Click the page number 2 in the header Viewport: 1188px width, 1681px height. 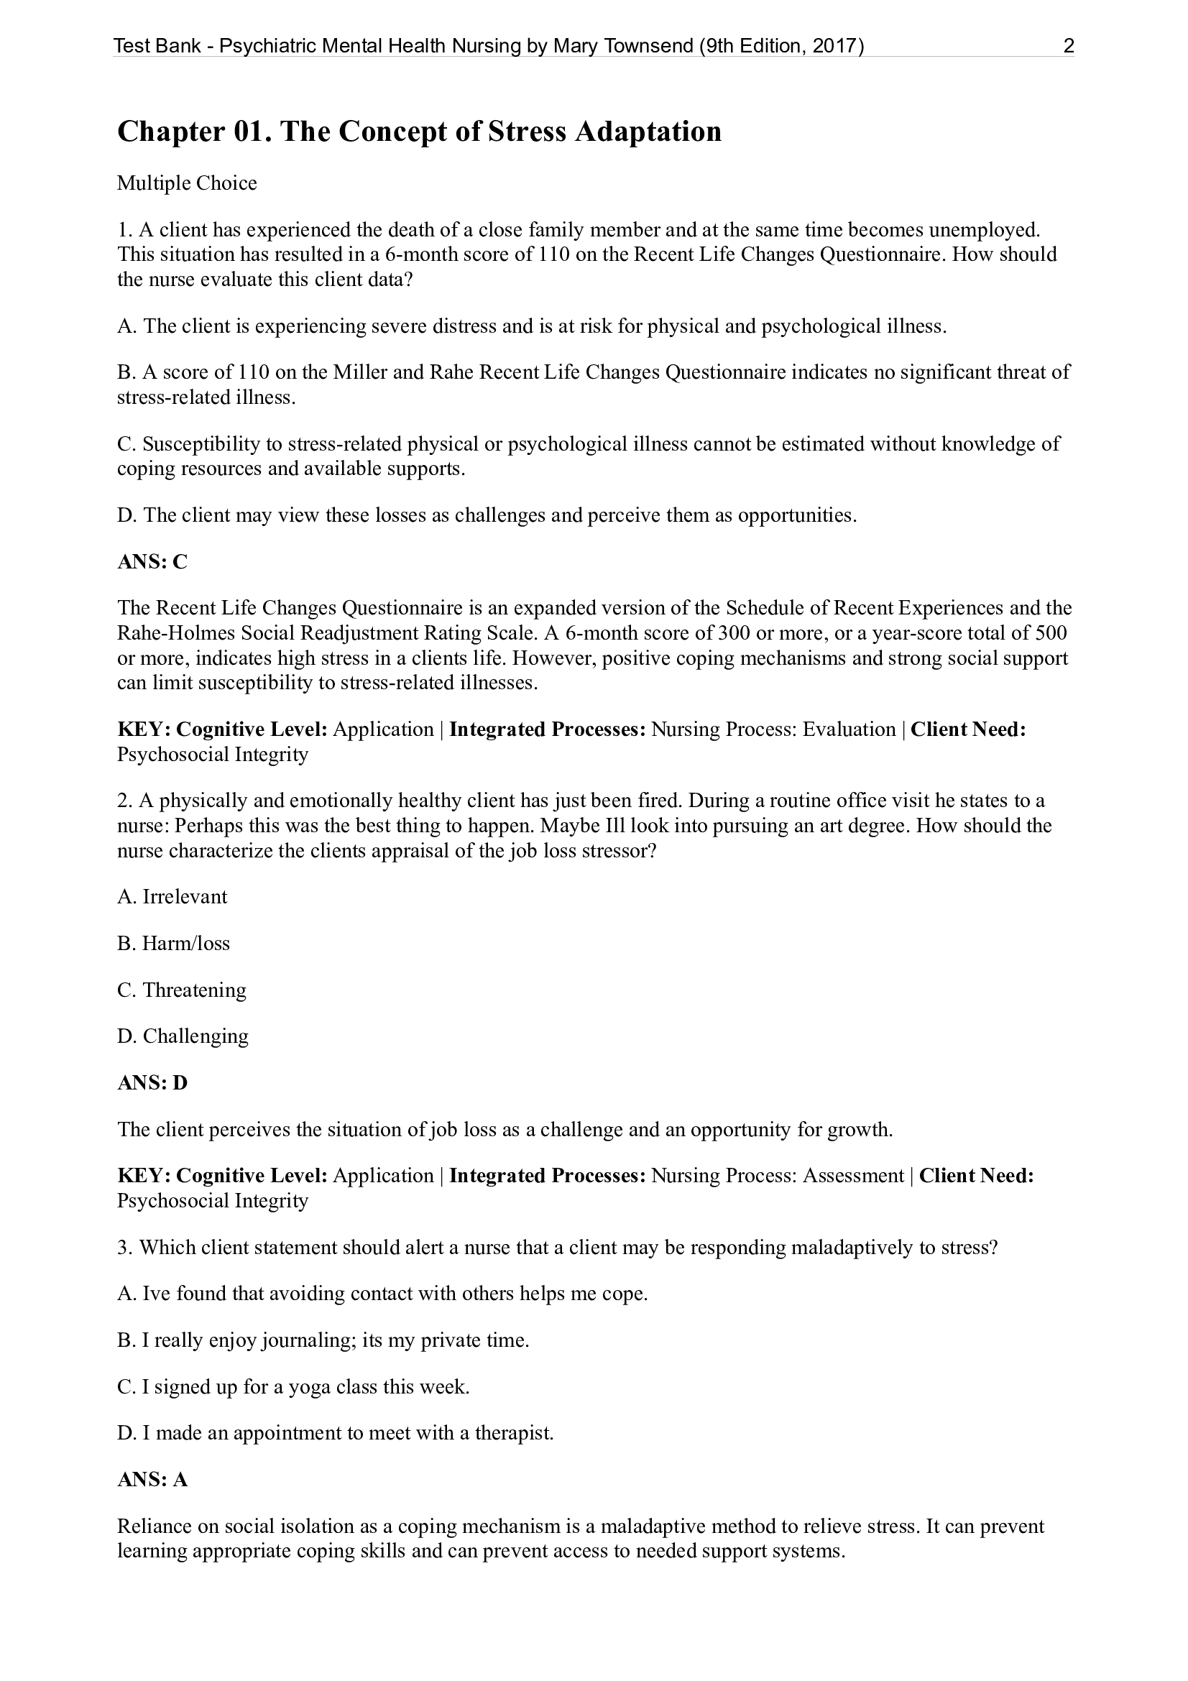(1069, 47)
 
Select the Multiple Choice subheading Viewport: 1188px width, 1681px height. (187, 183)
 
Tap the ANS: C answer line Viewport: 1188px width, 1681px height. (152, 561)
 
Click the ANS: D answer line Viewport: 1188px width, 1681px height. (152, 1083)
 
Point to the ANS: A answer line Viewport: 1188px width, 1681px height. (152, 1480)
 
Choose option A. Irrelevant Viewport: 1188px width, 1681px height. (172, 897)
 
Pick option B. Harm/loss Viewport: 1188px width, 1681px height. (173, 943)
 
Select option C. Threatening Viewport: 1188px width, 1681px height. (182, 990)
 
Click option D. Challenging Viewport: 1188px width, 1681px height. (183, 1036)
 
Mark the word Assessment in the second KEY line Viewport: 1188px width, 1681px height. (854, 1176)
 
